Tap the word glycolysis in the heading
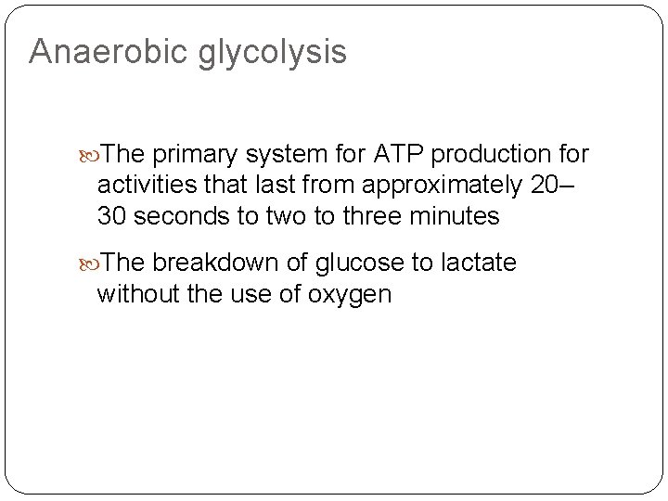click(272, 55)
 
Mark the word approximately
click(443, 186)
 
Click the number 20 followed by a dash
click(553, 186)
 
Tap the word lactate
click(478, 263)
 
